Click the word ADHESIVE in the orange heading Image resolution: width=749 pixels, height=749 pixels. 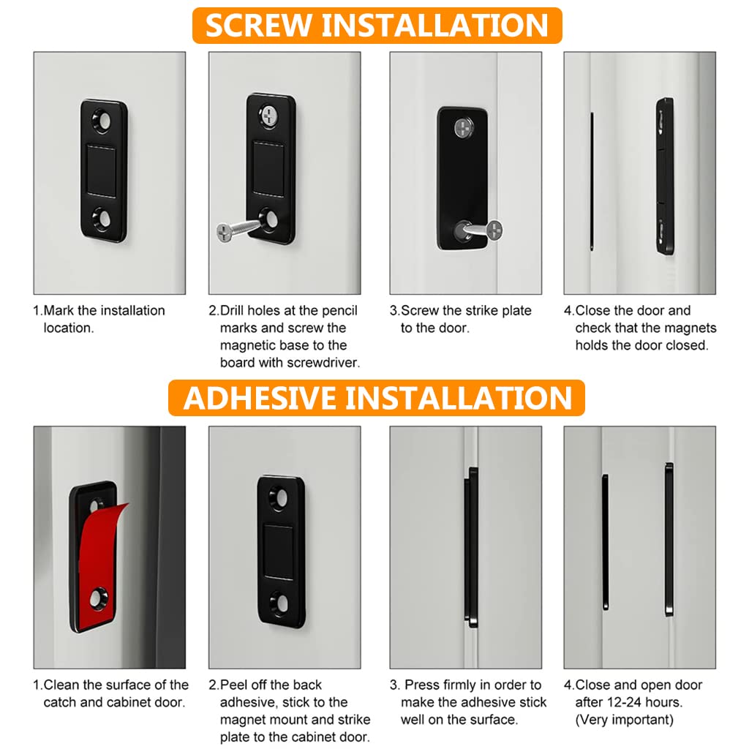pos(260,398)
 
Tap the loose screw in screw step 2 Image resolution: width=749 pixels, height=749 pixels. pos(238,230)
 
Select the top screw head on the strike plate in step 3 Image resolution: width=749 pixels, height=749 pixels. pos(464,128)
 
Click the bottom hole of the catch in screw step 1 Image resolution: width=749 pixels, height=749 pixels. pos(102,218)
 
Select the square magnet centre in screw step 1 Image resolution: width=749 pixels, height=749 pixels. pos(102,169)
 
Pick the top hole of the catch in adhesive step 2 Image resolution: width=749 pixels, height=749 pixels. pos(280,498)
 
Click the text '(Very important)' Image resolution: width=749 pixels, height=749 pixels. pos(624,720)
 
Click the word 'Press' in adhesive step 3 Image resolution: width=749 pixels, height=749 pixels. pos(422,685)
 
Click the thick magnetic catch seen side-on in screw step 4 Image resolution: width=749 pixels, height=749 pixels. pos(664,176)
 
